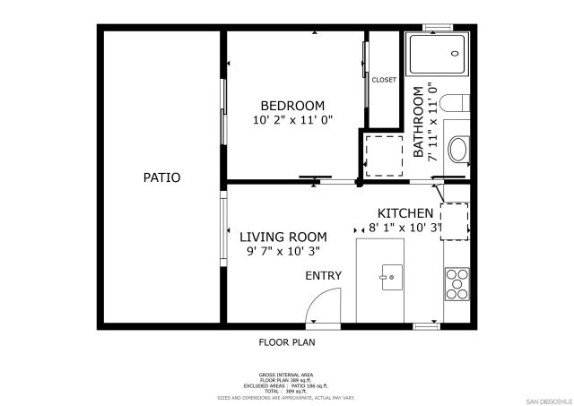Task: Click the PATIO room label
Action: click(x=161, y=177)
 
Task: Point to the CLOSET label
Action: click(x=384, y=80)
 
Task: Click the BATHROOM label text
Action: click(x=418, y=121)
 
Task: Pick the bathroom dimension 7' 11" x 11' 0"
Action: click(x=432, y=121)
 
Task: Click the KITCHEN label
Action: click(x=405, y=213)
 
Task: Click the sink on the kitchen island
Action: click(x=391, y=277)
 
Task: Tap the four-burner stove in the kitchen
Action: click(x=457, y=284)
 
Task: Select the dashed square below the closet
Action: click(x=384, y=154)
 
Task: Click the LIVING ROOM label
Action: click(x=283, y=237)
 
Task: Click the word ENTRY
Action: click(x=323, y=275)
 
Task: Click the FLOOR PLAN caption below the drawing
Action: click(x=287, y=341)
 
